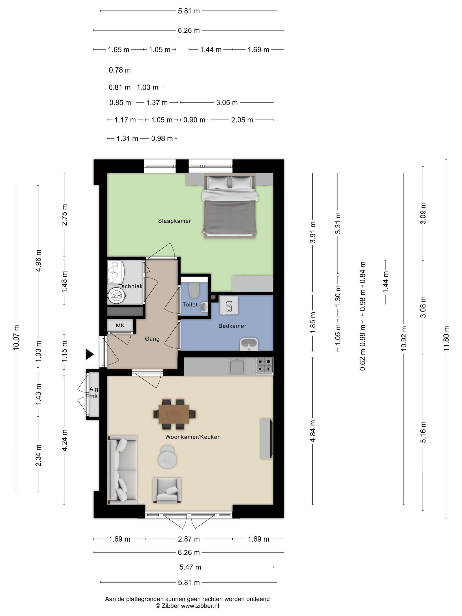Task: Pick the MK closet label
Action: pyautogui.click(x=120, y=325)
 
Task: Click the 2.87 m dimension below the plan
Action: pyautogui.click(x=189, y=539)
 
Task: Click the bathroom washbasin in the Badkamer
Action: pyautogui.click(x=249, y=345)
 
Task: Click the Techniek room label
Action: pyautogui.click(x=130, y=286)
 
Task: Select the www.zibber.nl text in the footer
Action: pyautogui.click(x=200, y=606)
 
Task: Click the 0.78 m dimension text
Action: pyautogui.click(x=119, y=70)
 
